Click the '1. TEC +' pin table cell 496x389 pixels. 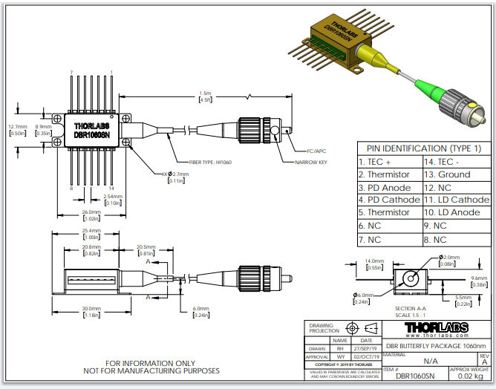374,162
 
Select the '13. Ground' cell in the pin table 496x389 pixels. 446,174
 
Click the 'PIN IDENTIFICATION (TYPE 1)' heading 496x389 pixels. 424,148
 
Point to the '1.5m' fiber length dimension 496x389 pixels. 206,93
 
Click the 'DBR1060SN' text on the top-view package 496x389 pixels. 91,134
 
